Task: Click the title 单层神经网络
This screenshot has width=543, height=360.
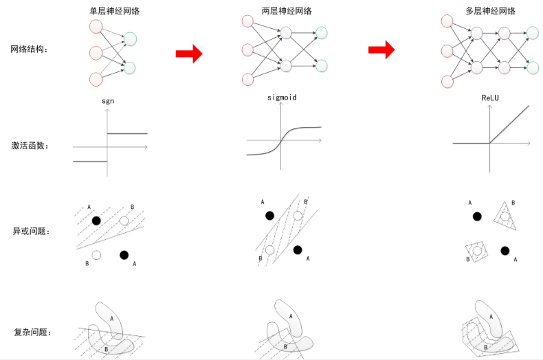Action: [x=115, y=11]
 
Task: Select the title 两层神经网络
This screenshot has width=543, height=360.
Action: [x=287, y=11]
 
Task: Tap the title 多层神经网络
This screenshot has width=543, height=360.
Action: [x=490, y=11]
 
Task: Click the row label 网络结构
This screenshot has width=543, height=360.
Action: [x=29, y=49]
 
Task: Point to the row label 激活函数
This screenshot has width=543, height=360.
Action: [x=30, y=146]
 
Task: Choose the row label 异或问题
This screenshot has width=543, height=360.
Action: [x=31, y=232]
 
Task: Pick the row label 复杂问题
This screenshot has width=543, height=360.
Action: [x=32, y=333]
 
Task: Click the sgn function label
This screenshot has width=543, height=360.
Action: [x=108, y=101]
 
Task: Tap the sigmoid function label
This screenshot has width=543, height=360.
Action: [x=282, y=98]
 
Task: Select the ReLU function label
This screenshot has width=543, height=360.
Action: [x=490, y=98]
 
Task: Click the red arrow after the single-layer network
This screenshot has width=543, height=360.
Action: [x=189, y=54]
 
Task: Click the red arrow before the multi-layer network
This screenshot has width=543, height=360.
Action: [x=381, y=50]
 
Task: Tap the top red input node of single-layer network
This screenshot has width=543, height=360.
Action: [x=96, y=27]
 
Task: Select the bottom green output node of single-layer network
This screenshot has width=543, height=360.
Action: [x=129, y=68]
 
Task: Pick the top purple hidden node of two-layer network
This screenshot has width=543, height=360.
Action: [x=286, y=33]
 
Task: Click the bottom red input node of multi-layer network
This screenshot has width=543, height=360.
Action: [x=447, y=82]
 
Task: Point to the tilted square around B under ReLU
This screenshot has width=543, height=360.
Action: [x=476, y=251]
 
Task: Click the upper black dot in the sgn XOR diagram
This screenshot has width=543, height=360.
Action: [x=97, y=221]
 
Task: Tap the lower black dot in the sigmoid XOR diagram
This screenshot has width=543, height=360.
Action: [x=298, y=250]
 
